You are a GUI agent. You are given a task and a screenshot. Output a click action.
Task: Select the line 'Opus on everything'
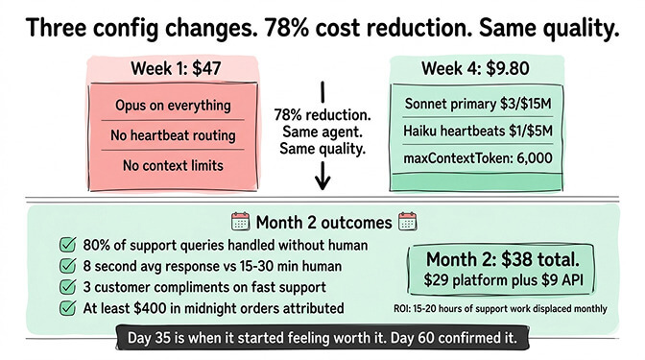172,104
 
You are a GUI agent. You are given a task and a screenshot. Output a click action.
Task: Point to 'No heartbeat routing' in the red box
172,135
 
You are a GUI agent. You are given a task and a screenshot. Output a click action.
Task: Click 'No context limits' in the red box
172,166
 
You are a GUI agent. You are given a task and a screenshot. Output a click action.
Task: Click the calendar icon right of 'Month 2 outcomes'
404,222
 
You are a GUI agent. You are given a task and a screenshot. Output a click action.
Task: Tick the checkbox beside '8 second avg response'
67,266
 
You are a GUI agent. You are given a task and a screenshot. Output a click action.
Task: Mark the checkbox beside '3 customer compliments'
67,287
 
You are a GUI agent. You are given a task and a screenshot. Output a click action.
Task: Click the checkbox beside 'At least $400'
67,308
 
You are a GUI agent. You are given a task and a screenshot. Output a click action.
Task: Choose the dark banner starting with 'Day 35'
322,338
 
